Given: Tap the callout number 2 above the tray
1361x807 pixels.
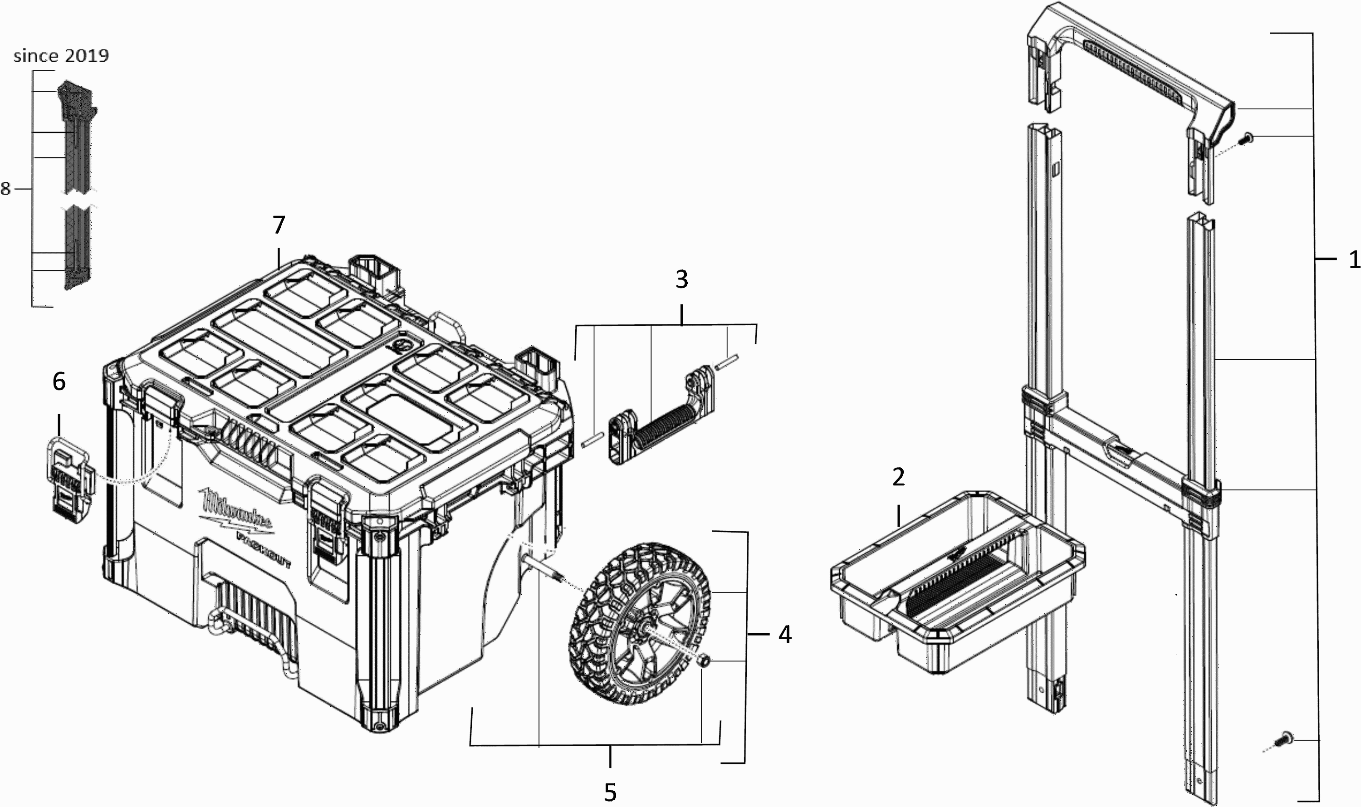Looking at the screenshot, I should click(898, 477).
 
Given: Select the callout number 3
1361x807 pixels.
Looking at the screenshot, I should click(681, 279).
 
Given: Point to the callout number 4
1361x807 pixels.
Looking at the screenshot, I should click(784, 634).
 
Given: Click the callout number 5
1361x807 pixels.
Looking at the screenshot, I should click(610, 792).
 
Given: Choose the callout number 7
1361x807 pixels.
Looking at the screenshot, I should click(279, 225).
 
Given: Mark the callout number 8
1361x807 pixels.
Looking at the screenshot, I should click(5, 189).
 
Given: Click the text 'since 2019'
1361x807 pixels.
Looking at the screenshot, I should click(61, 55).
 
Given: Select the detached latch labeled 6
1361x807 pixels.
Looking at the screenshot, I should click(69, 479).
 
